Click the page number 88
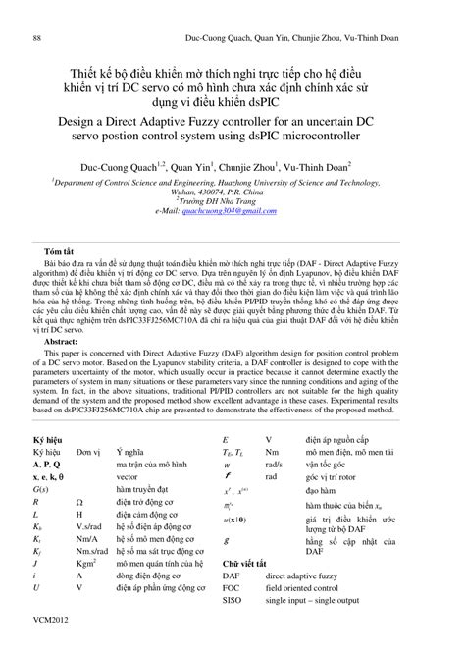pos(37,11)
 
